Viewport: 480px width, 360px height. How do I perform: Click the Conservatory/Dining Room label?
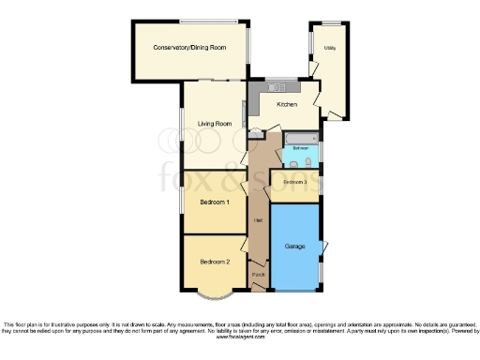point(190,47)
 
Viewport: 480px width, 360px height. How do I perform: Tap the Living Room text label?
point(214,124)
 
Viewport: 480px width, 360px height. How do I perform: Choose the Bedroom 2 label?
point(215,262)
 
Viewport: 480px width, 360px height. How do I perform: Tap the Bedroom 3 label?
point(295,181)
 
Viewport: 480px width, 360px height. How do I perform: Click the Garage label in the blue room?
point(295,247)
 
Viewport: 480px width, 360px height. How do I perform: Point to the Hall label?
point(257,221)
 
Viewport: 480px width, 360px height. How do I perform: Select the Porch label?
point(258,274)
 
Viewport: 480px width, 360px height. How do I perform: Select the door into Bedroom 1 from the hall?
point(246,189)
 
